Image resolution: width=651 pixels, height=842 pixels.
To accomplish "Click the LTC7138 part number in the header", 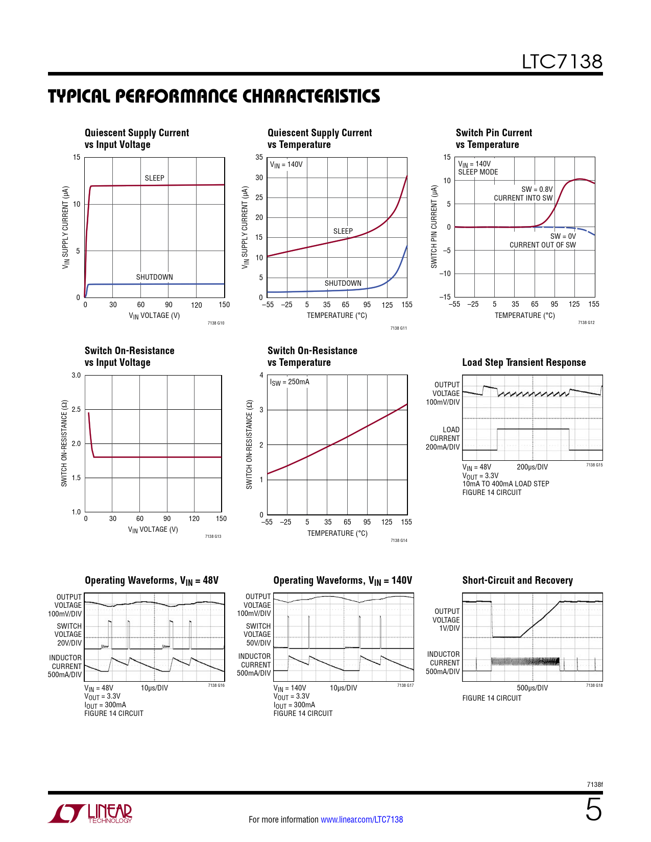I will pos(562,62).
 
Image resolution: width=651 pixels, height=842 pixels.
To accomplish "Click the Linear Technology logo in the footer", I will pos(90,813).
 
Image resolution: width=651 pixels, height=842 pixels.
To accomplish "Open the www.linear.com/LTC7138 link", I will pos(361,820).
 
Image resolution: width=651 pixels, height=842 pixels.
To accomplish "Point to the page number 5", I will pos(593,810).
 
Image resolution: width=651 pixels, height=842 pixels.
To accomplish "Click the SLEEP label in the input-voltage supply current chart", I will pos(154,178).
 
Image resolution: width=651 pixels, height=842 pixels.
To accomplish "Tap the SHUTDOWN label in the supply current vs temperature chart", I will pos(343,283).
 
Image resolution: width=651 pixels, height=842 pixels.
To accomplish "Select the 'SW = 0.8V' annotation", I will pos(537,189).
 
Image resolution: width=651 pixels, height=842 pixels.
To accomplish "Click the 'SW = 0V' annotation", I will pos(563,236).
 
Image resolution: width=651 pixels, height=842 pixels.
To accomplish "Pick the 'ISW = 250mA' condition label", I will pos(290,382).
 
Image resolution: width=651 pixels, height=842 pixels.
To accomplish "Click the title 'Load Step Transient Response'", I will pos(524,362).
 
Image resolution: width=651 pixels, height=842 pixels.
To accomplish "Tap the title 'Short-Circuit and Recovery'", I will pos(517,580).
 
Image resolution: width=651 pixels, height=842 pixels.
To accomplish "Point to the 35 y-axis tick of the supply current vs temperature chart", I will pos(259,157).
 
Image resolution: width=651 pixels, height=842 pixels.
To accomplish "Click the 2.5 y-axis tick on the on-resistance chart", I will pos(76,409).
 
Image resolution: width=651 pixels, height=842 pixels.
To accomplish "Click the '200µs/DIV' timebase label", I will pos(532,467).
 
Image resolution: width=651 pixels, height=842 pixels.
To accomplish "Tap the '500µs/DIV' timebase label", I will pos(532,688).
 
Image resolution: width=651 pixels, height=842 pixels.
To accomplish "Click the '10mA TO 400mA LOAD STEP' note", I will pos(505,484).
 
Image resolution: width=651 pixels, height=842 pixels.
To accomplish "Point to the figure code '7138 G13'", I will pos(213,536).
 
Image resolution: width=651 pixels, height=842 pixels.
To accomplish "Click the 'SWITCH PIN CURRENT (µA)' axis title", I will pos(435,227).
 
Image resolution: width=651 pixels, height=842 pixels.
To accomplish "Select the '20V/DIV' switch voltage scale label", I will pos(69,643).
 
